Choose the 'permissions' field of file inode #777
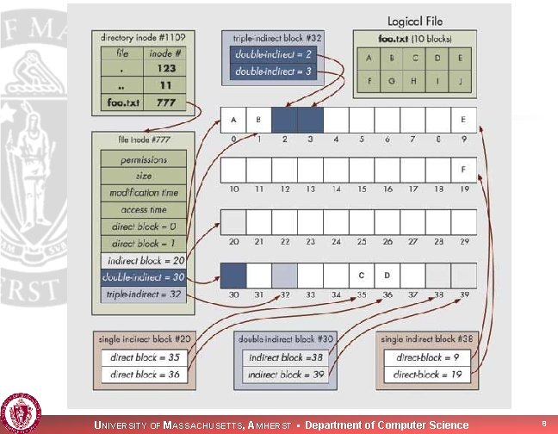(x=145, y=159)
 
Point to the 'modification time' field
(x=145, y=192)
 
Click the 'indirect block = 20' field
(x=145, y=259)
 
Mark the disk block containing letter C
(x=362, y=276)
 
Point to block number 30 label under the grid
(x=232, y=295)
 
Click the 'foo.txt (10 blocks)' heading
(x=415, y=40)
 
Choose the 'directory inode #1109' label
(x=143, y=38)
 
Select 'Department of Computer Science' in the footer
(x=387, y=425)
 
